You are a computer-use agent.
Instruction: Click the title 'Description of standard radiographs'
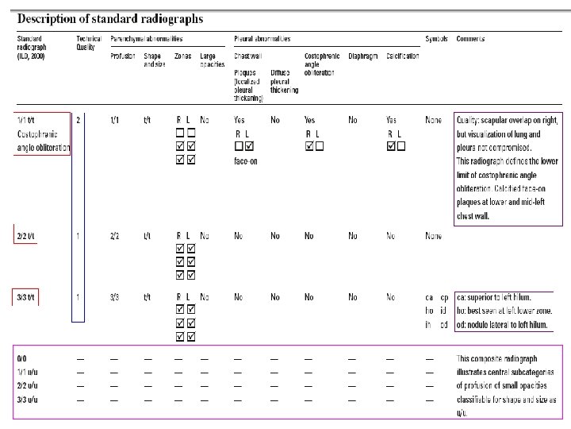(110, 18)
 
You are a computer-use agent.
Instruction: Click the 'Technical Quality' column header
(89, 43)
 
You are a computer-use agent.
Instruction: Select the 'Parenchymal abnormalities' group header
(147, 38)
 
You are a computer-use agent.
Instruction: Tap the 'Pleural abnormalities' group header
(263, 38)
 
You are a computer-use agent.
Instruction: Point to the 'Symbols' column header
(437, 38)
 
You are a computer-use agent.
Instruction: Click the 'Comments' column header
(471, 38)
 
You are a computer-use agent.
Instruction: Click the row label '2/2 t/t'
(27, 236)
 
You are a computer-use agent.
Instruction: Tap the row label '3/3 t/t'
(27, 297)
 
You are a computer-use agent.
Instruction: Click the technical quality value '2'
(78, 120)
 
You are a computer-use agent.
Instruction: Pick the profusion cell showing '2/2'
(115, 236)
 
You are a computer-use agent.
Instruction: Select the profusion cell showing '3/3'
(115, 297)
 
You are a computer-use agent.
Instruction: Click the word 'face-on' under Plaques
(246, 161)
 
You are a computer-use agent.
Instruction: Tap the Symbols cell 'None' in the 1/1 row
(434, 120)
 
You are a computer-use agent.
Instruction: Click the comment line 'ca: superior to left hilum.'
(504, 297)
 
